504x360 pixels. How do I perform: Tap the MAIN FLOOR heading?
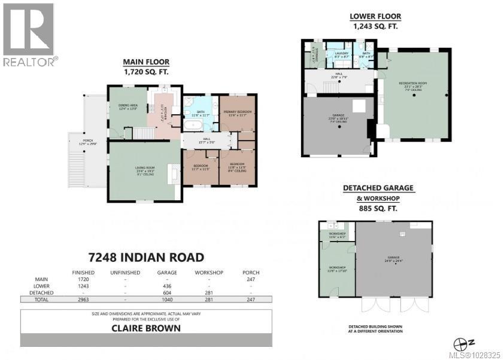tap(146, 62)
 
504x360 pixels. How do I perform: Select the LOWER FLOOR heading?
tap(375, 17)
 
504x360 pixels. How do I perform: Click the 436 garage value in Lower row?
tap(168, 286)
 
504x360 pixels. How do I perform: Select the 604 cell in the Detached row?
tap(168, 293)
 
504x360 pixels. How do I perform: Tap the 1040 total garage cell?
tap(168, 300)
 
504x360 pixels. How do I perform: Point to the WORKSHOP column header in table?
tap(209, 273)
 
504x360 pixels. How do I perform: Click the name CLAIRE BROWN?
tap(146, 328)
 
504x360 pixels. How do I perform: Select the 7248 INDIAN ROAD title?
tap(145, 257)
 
